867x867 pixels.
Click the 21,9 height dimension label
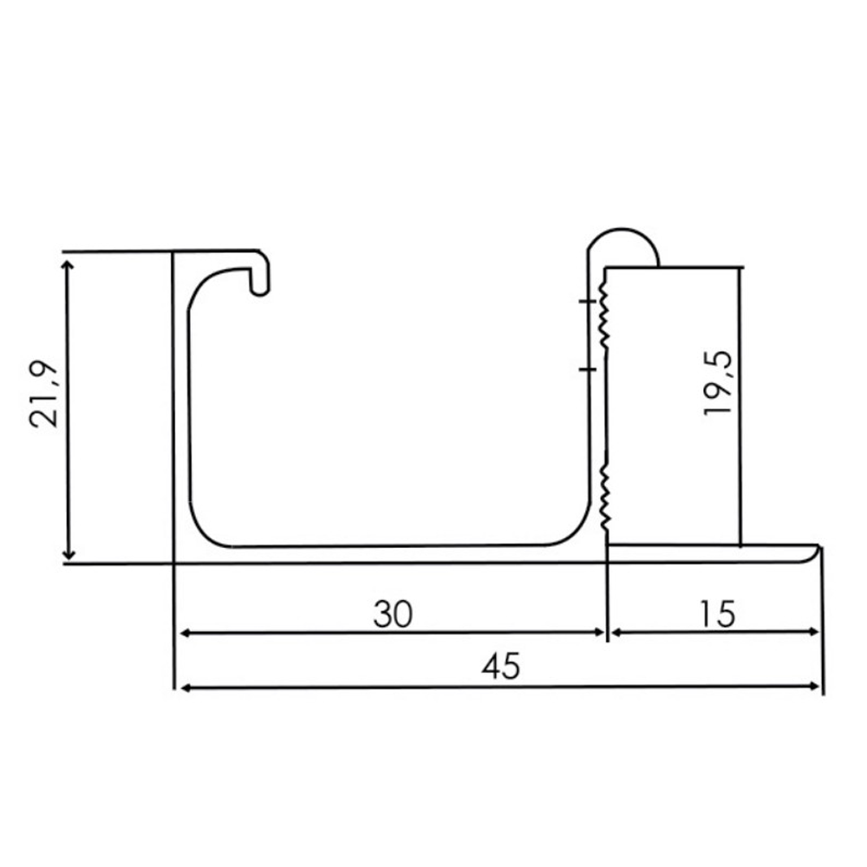43,393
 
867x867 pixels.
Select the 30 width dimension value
393,614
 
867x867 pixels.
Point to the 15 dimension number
716,614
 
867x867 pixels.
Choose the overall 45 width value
500,667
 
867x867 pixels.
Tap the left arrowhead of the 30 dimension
183,634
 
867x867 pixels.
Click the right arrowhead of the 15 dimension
814,634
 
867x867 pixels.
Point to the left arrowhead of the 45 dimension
183,688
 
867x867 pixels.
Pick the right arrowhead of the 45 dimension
814,688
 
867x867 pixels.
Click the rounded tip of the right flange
816,551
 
